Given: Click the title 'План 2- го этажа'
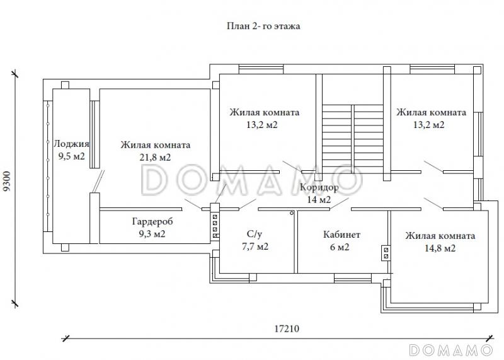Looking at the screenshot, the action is tap(263, 26).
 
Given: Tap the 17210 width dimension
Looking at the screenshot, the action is tap(287, 329).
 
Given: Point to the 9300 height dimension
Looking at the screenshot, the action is tap(7, 182).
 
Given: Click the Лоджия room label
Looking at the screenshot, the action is tap(71, 144).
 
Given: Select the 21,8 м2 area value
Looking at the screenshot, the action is tap(155, 158).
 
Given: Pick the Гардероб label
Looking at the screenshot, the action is tap(152, 222).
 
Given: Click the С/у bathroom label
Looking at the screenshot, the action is tap(255, 234).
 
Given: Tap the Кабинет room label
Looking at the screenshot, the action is tap(341, 235).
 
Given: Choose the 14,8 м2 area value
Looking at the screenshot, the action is tap(440, 248).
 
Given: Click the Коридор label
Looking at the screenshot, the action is tap(319, 187).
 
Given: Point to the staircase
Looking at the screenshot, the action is tap(353, 138).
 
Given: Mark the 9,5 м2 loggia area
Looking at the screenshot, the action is tap(71, 156).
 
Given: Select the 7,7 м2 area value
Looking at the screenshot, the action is tap(255, 247).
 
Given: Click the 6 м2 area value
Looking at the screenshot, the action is tap(340, 247).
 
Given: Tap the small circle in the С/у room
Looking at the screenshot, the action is tap(292, 213).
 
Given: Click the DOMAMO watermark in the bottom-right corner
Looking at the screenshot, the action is tap(451, 350).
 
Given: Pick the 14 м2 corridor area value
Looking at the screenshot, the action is tap(319, 200).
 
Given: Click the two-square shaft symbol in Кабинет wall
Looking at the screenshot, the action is tap(386, 253).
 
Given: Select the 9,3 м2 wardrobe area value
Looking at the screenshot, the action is tap(152, 234).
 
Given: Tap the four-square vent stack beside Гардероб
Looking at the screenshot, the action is tap(215, 226).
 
